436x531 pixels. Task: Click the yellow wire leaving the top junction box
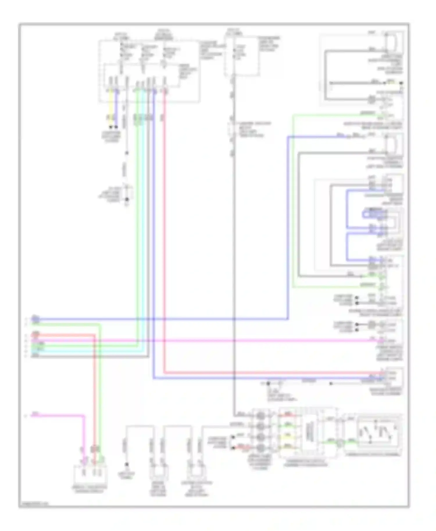[x=110, y=107]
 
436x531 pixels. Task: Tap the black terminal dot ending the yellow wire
[x=110, y=127]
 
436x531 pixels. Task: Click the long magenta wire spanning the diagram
[x=233, y=340]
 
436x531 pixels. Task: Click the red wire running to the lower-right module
[x=262, y=373]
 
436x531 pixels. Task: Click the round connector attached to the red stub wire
[x=260, y=447]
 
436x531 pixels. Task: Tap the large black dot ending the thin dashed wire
[x=127, y=200]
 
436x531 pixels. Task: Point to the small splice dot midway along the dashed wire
[x=127, y=153]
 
